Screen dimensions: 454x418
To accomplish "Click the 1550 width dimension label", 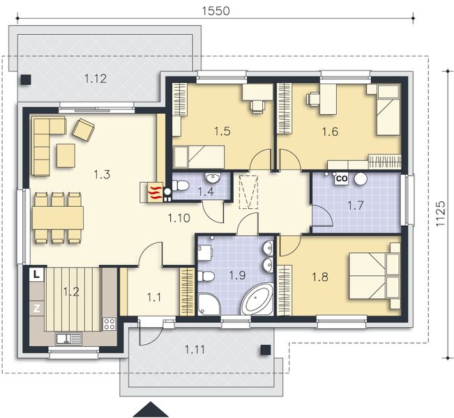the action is point(215,10).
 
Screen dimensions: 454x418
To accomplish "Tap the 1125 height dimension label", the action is point(440,214).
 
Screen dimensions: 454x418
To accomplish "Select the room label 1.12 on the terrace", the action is point(96,79).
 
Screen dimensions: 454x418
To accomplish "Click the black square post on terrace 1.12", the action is point(26,79).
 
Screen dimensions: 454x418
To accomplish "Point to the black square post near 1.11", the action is point(266,350).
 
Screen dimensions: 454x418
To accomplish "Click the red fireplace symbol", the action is point(155,192).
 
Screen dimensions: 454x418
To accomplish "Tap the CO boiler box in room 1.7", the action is point(342,178).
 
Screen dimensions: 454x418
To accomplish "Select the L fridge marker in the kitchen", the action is point(36,274).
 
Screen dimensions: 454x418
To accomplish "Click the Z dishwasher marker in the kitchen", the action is point(36,309).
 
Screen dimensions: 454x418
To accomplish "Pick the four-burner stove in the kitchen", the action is point(109,324).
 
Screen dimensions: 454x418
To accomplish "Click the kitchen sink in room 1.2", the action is point(69,339).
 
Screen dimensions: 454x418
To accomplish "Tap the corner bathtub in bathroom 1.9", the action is point(257,299).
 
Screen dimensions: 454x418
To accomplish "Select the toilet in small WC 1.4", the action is point(180,185).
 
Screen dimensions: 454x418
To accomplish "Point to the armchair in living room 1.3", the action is point(84,130).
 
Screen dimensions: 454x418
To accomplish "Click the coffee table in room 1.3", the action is point(66,155).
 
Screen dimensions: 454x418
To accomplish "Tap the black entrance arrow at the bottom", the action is point(150,410).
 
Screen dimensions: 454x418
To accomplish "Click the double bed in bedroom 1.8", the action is point(374,276).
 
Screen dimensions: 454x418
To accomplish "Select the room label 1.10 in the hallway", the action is point(179,218).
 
